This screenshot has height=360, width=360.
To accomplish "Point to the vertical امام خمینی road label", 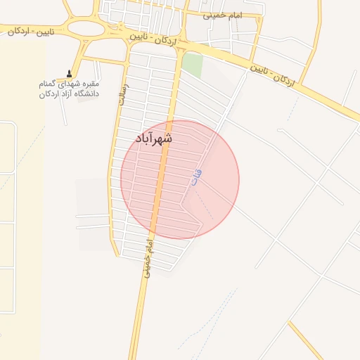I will [x=148, y=257].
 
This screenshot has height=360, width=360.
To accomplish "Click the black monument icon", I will [x=69, y=73].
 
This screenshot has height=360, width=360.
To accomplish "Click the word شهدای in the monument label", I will [x=69, y=84].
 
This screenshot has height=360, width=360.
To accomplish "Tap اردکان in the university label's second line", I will [x=49, y=94].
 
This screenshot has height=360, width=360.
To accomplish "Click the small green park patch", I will [x=192, y=65].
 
